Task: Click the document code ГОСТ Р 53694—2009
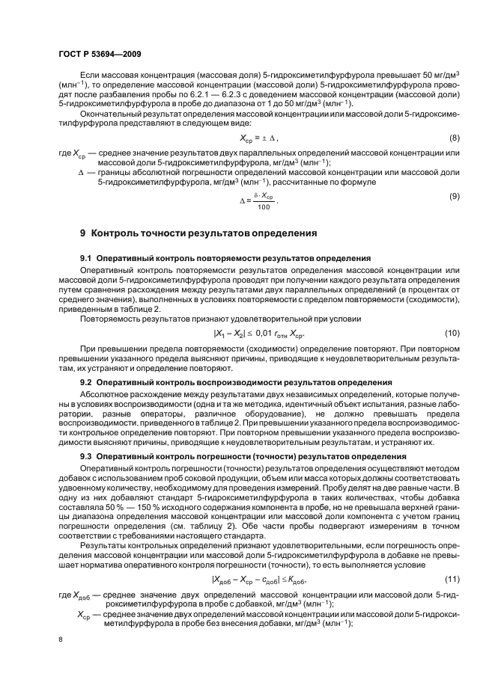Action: coord(100,55)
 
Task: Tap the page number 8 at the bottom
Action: coord(61,639)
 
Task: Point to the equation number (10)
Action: coord(452,332)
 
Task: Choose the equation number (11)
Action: coord(452,559)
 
